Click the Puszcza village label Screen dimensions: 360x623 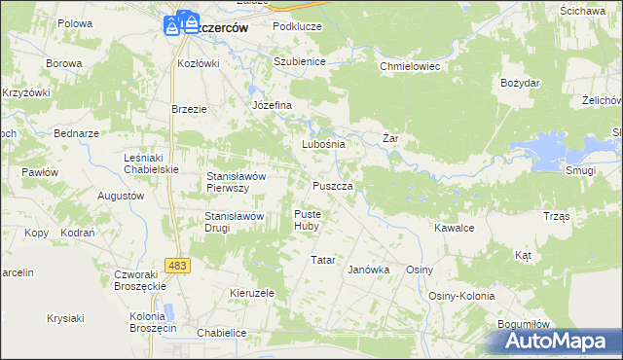(x=339, y=185)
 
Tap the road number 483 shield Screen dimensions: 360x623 (x=177, y=265)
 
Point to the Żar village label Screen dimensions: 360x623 (x=390, y=139)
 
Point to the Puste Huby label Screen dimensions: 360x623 (x=307, y=220)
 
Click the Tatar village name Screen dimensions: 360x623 (x=322, y=261)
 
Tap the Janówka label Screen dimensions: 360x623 (x=369, y=270)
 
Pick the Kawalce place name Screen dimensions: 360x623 (x=454, y=228)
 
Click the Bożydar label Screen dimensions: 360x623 (x=519, y=84)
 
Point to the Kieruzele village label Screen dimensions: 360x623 (x=252, y=293)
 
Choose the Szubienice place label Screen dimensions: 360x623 (x=299, y=60)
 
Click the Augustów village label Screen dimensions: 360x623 (x=121, y=196)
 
